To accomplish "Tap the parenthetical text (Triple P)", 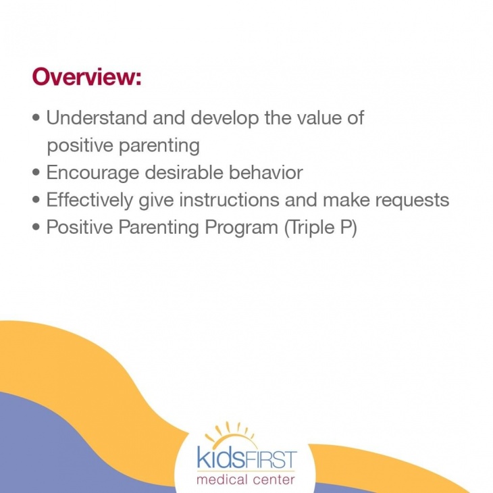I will tap(320, 228).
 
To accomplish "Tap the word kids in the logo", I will tap(219, 459).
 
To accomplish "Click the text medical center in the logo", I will tap(246, 480).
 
